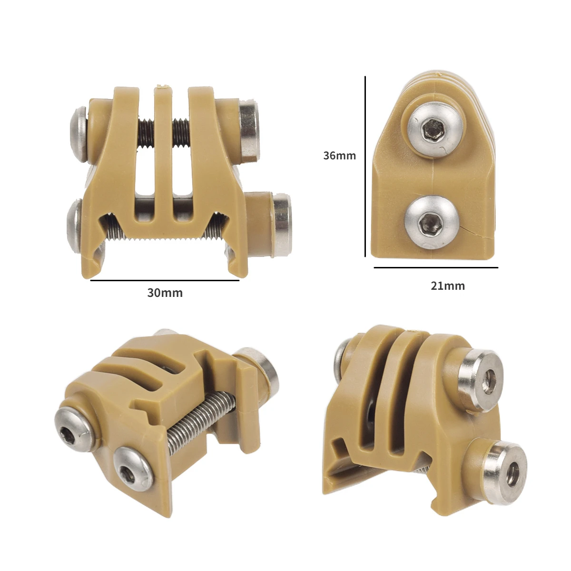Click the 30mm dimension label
(165, 293)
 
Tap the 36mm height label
(339, 155)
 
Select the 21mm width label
(447, 285)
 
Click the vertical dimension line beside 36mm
(365, 167)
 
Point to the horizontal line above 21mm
(435, 268)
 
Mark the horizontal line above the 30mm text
(165, 281)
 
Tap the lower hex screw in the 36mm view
(429, 222)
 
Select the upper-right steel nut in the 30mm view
(249, 128)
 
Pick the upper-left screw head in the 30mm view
(79, 131)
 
